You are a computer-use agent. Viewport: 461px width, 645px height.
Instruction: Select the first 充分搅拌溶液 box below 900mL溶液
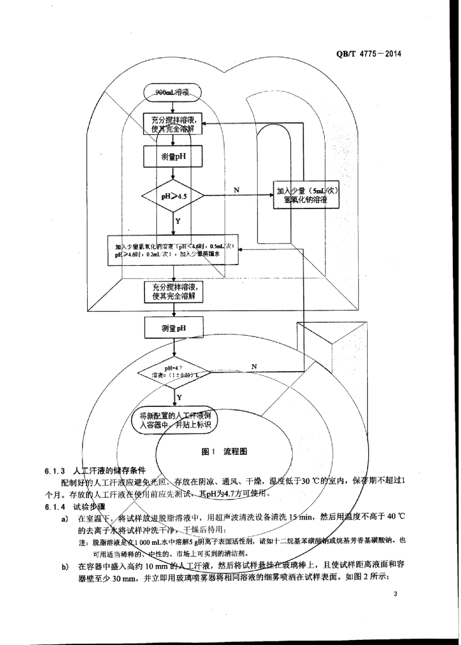(173, 124)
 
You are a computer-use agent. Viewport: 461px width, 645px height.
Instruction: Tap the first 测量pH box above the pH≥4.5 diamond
(173, 156)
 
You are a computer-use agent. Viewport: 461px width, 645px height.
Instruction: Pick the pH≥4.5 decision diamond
(173, 196)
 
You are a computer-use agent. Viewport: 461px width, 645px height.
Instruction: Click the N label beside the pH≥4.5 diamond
(236, 190)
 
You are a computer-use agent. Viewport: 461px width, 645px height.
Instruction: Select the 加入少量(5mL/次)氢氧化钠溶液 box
(304, 196)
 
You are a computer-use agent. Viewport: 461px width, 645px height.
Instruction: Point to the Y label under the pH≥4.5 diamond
(178, 221)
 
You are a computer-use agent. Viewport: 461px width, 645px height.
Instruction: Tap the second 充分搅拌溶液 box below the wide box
(173, 292)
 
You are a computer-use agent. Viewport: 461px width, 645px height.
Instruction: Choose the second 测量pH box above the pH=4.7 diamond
(173, 328)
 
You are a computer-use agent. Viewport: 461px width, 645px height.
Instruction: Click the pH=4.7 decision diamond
(173, 372)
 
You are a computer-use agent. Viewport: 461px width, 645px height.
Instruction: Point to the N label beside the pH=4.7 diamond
(254, 366)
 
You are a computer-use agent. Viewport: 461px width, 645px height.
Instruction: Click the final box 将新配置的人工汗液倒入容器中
(173, 420)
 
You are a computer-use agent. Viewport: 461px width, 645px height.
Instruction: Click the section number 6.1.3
(55, 471)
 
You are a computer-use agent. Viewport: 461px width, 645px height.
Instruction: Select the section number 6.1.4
(55, 507)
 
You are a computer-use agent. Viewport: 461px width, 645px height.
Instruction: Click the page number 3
(394, 593)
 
